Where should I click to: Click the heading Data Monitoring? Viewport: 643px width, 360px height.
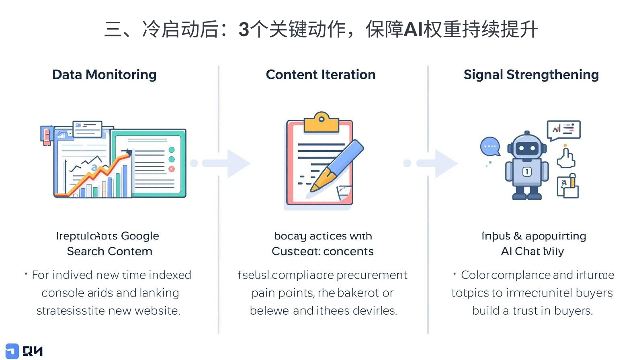[x=104, y=75]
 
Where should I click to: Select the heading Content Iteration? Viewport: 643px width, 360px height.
[x=320, y=75]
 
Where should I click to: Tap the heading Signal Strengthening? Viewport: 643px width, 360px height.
[x=531, y=75]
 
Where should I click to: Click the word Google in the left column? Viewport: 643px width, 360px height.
[x=140, y=236]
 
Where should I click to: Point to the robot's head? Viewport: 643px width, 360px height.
[x=526, y=146]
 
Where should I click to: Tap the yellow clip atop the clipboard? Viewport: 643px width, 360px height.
[x=321, y=122]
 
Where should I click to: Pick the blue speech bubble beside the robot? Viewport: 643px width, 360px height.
[x=490, y=147]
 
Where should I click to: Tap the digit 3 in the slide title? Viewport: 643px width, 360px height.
[x=244, y=30]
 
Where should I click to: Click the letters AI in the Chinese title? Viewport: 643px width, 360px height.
[x=413, y=30]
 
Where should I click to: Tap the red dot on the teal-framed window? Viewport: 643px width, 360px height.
[x=172, y=169]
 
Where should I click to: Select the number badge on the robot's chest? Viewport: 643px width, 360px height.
[x=526, y=172]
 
